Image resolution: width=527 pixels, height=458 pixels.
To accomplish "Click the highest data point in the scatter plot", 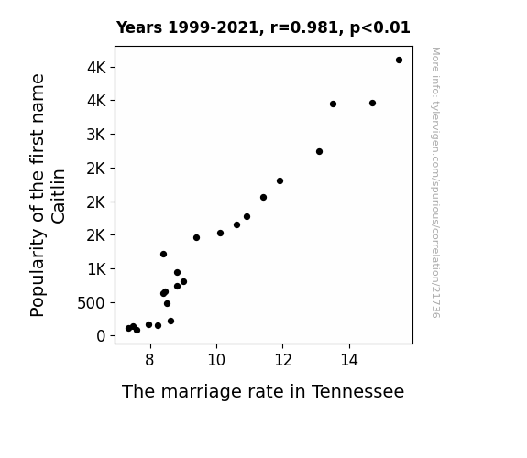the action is [x=399, y=60].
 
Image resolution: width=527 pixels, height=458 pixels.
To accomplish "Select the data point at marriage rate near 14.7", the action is [x=372, y=104].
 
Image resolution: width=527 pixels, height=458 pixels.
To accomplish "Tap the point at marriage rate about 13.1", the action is [x=319, y=151].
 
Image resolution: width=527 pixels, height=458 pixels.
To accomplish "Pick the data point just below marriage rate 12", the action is [x=280, y=180].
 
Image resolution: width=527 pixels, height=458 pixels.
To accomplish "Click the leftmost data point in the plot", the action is [x=128, y=328].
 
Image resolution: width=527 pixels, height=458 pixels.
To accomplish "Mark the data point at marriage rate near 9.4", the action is [x=197, y=237].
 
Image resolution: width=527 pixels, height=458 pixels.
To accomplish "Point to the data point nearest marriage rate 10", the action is [x=220, y=234].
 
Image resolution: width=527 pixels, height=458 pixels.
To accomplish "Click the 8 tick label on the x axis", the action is [x=150, y=360].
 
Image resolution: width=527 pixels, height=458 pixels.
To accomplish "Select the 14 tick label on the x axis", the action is [x=349, y=360].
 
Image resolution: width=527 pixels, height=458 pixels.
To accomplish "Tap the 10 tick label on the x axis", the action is [x=216, y=360].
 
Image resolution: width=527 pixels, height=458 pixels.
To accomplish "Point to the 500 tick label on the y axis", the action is [x=91, y=303].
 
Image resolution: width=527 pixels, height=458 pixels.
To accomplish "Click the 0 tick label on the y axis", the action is [x=101, y=336].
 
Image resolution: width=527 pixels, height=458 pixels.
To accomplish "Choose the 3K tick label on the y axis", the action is [x=96, y=135].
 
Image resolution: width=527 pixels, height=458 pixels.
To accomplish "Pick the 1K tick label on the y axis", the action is [x=96, y=269].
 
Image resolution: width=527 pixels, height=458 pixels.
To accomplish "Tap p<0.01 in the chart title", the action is [x=380, y=28].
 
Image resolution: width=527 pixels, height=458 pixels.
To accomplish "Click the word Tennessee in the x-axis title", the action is [x=358, y=391].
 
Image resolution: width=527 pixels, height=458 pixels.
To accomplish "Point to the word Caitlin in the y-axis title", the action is [x=59, y=196].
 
